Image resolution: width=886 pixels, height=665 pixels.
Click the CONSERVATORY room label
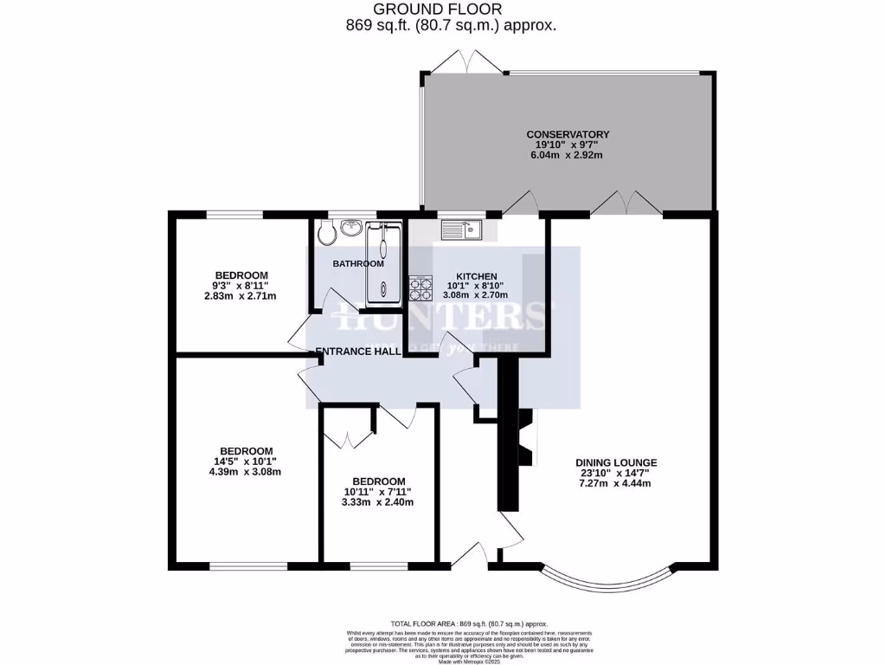click(568, 134)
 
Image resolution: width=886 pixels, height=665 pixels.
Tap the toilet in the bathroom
click(325, 232)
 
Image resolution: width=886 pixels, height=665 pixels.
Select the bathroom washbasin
click(352, 228)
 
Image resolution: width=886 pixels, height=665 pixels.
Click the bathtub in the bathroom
click(383, 263)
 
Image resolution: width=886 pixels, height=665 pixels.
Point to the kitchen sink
click(460, 229)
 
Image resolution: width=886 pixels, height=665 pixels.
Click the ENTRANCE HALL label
click(357, 352)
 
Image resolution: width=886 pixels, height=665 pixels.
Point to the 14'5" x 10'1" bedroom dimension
click(247, 462)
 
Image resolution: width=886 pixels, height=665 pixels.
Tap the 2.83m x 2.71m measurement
click(234, 296)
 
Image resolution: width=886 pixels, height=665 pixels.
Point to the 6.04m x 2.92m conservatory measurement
click(568, 155)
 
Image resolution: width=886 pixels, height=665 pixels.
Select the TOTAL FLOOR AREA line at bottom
click(470, 623)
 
